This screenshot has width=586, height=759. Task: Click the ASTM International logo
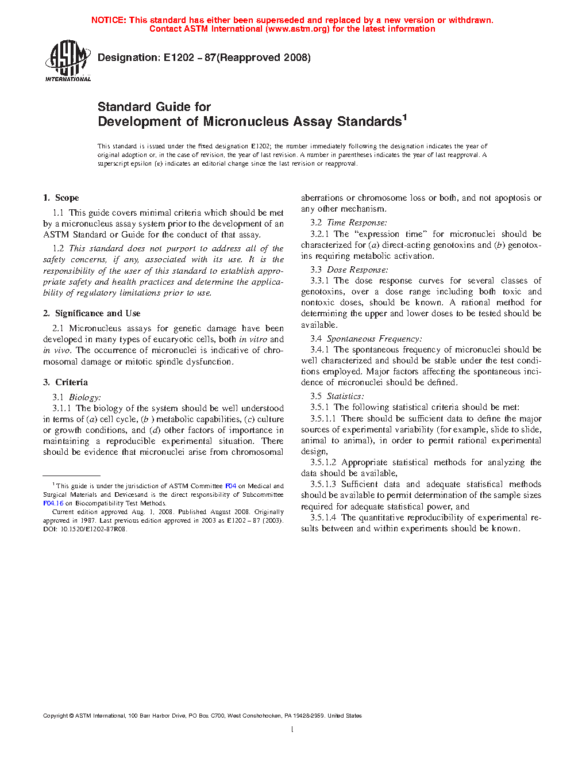[x=67, y=60]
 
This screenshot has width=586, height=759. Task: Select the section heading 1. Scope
[x=61, y=198]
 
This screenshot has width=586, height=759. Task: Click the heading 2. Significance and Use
[x=91, y=313]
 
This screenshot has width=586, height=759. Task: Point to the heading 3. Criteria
[x=65, y=382]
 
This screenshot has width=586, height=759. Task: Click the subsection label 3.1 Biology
[x=76, y=397]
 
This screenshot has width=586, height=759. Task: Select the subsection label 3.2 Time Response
[x=349, y=223]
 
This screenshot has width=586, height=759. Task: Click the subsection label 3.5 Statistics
[x=337, y=396]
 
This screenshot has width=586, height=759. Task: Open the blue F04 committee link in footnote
[x=230, y=486]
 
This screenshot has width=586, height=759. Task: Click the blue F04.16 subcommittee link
[x=53, y=503]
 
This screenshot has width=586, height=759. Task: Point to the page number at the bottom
[x=292, y=730]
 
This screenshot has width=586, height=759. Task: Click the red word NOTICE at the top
[x=109, y=20]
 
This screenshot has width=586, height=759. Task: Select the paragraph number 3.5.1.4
[x=323, y=517]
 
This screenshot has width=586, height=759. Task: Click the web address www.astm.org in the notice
[x=298, y=29]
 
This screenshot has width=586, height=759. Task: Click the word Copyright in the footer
[x=55, y=716]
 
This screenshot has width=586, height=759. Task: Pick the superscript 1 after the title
[x=404, y=118]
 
